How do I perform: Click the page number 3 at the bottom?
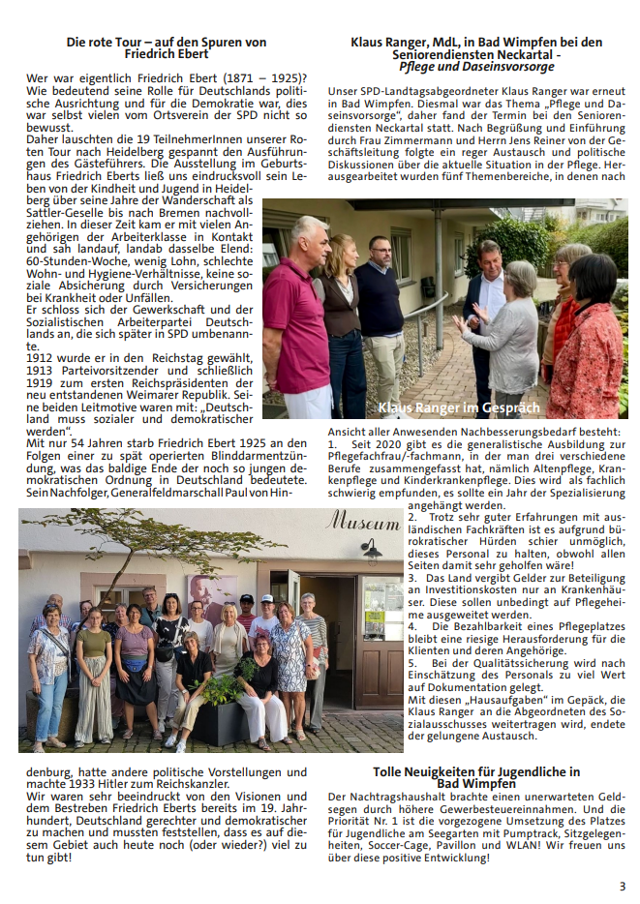coord(623,886)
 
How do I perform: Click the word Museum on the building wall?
coord(363,523)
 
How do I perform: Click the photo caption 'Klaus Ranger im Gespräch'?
coord(458,407)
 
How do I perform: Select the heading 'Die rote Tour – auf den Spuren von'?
coord(166,43)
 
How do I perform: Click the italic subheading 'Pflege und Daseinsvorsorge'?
coord(475,69)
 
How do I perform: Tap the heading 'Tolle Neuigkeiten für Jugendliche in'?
coord(476,771)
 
